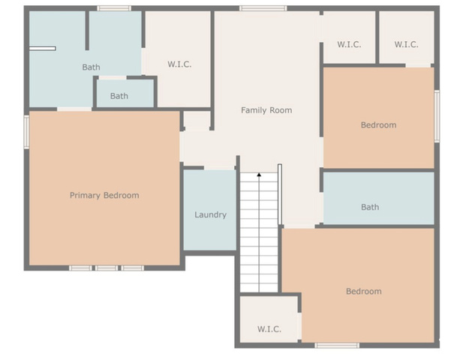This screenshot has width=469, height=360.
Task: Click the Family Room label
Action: pyautogui.click(x=266, y=110)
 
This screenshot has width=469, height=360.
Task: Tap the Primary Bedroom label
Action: pyautogui.click(x=104, y=196)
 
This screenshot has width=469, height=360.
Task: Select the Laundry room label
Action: pyautogui.click(x=211, y=214)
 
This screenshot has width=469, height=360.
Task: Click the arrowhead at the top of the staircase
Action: pyautogui.click(x=259, y=174)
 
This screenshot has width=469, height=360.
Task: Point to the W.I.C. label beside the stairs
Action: pyautogui.click(x=269, y=329)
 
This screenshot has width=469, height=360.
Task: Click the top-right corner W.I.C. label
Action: pyautogui.click(x=406, y=44)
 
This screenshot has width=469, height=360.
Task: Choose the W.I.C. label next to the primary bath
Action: pyautogui.click(x=179, y=64)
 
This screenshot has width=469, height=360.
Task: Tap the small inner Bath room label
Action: pyautogui.click(x=119, y=96)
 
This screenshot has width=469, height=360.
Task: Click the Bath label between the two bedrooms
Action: pyautogui.click(x=370, y=207)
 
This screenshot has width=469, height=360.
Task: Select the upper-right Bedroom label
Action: pyautogui.click(x=379, y=125)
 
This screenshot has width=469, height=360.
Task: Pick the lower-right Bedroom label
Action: pyautogui.click(x=364, y=291)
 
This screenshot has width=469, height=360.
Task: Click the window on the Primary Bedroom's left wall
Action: pyautogui.click(x=26, y=132)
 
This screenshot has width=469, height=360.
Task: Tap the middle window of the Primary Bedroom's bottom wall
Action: pyautogui.click(x=107, y=268)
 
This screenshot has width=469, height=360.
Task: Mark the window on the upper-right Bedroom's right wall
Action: pyautogui.click(x=437, y=116)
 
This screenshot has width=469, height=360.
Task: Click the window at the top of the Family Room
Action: pyautogui.click(x=263, y=8)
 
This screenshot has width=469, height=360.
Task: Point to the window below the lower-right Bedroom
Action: pyautogui.click(x=337, y=345)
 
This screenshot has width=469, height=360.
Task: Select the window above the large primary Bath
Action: pyautogui.click(x=114, y=8)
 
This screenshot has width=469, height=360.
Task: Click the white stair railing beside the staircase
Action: pyautogui.click(x=280, y=194)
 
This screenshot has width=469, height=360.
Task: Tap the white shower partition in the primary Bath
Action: pyautogui.click(x=43, y=49)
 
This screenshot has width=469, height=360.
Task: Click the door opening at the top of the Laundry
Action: pyautogui.click(x=219, y=168)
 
